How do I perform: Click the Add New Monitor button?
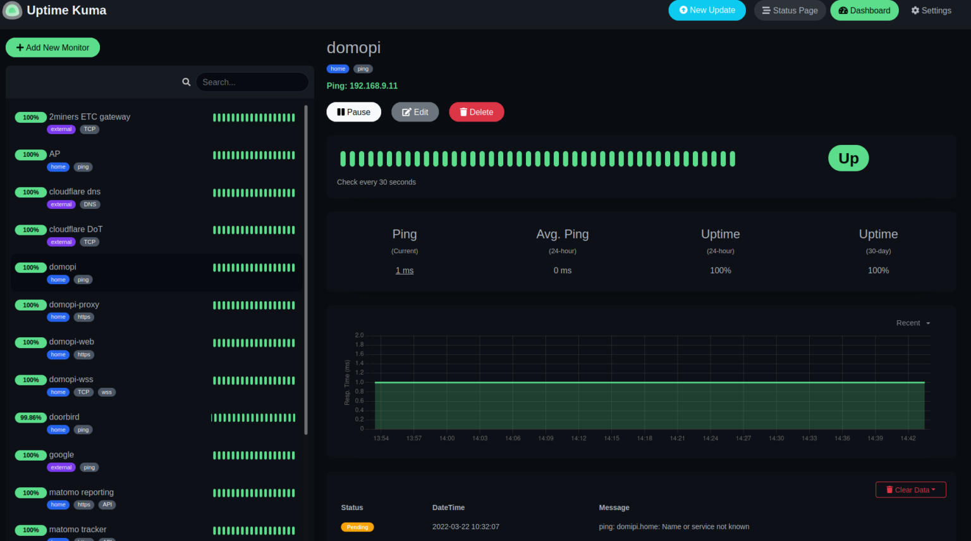[x=52, y=47]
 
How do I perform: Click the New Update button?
[x=707, y=10]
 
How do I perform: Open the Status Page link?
[x=790, y=10]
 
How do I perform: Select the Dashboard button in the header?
[x=864, y=10]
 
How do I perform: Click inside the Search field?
[x=252, y=82]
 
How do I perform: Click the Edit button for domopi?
[x=415, y=112]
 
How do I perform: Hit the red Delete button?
[x=476, y=112]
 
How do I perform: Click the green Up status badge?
[x=848, y=158]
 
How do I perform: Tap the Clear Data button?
[x=910, y=490]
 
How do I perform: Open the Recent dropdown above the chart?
[x=913, y=323]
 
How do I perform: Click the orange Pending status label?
[x=357, y=527]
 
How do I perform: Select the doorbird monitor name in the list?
[x=64, y=417]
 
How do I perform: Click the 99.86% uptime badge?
[x=30, y=418]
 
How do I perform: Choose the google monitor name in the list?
[x=61, y=454]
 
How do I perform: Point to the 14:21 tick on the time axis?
[x=677, y=438]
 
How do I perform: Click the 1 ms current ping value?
[x=405, y=270]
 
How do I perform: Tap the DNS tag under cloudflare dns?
[x=90, y=204]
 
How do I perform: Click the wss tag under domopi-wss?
[x=107, y=392]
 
